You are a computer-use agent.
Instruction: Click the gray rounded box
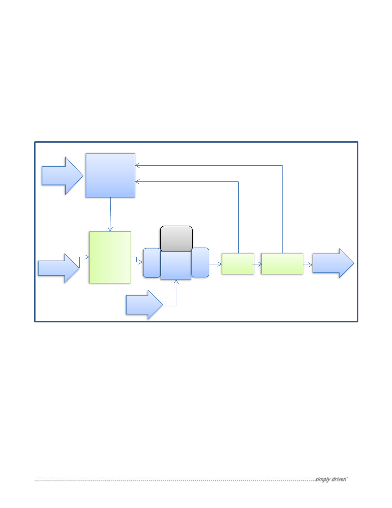pyautogui.click(x=176, y=238)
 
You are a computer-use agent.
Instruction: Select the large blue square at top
pyautogui.click(x=110, y=175)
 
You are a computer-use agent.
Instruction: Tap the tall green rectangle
pyautogui.click(x=110, y=257)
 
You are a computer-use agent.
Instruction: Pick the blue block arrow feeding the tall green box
pyautogui.click(x=59, y=268)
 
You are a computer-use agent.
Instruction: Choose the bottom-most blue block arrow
pyautogui.click(x=144, y=304)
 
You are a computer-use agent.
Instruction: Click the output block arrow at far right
pyautogui.click(x=333, y=263)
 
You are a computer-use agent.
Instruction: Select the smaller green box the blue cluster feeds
pyautogui.click(x=238, y=263)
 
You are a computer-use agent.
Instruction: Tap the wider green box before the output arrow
pyautogui.click(x=282, y=263)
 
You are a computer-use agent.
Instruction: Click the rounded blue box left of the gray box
pyautogui.click(x=152, y=262)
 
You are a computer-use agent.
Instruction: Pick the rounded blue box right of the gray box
pyautogui.click(x=200, y=262)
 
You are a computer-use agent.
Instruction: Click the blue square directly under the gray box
pyautogui.click(x=176, y=265)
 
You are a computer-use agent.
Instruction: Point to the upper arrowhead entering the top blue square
pyautogui.click(x=137, y=166)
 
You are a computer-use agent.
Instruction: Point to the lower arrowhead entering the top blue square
pyautogui.click(x=137, y=182)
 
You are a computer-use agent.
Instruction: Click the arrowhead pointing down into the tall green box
pyautogui.click(x=110, y=229)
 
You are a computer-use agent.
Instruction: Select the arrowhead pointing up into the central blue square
pyautogui.click(x=176, y=281)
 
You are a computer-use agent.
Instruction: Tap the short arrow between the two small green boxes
pyautogui.click(x=258, y=264)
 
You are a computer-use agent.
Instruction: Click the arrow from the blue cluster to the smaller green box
pyautogui.click(x=215, y=264)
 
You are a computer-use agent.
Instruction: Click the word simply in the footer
pyautogui.click(x=322, y=479)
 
